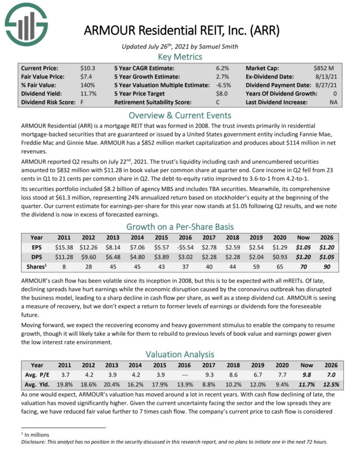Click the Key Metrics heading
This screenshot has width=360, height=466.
coord(180,57)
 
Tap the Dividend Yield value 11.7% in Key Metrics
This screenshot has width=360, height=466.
coord(89,94)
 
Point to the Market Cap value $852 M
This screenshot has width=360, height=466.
coord(324,68)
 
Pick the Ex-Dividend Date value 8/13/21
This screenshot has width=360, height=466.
coord(328,77)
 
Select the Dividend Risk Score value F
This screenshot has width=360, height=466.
coord(82,102)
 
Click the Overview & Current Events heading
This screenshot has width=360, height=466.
coord(180,115)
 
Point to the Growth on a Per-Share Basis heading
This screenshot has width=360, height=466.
coord(180,226)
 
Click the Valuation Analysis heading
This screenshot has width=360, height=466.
coord(180,354)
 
